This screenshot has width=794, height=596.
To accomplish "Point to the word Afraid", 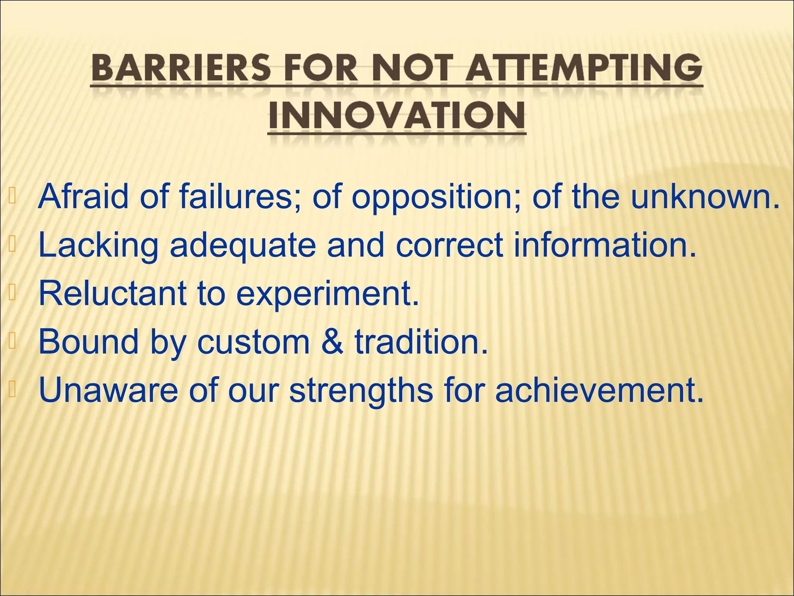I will tap(83, 196).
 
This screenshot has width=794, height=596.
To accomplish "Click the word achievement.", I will tap(599, 390).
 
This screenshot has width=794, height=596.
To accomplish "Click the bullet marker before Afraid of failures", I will tap(12, 196).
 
